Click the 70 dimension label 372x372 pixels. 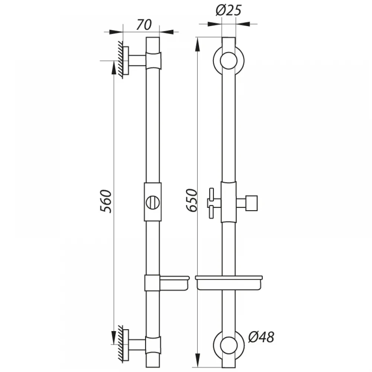(x=144, y=25)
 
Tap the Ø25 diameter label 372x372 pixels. (x=228, y=11)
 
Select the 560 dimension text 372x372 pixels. (x=106, y=201)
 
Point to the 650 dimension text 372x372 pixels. (x=192, y=200)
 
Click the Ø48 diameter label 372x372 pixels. (x=261, y=337)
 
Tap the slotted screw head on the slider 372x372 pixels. (x=153, y=203)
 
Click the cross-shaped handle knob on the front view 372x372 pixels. (x=211, y=203)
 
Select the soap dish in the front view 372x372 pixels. (x=229, y=283)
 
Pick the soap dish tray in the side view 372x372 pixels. (x=174, y=283)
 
